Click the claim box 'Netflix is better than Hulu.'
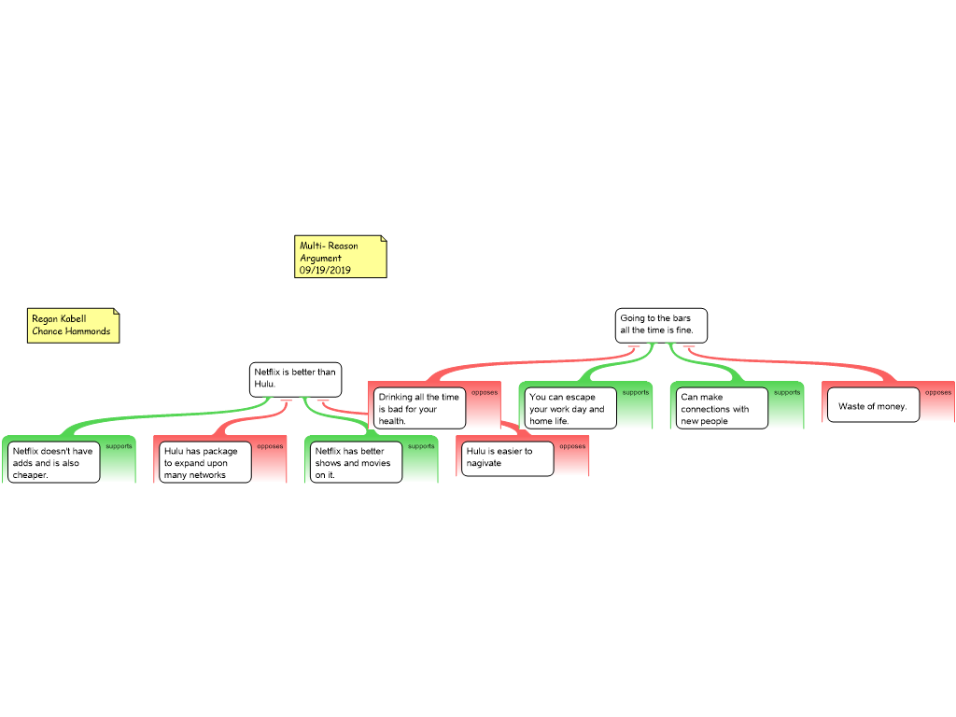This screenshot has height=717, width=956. [x=295, y=379]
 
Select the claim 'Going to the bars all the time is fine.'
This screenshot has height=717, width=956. [x=661, y=326]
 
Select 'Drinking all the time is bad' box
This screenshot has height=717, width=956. [x=420, y=409]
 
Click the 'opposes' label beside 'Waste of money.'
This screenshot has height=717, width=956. [x=938, y=393]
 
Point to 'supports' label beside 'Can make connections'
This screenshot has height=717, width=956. [x=787, y=393]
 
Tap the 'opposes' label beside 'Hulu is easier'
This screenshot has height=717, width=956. [x=572, y=446]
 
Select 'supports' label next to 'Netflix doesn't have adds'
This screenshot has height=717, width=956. [x=119, y=446]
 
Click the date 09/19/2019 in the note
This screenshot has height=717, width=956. [x=325, y=270]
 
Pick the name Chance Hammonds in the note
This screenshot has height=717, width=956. [x=71, y=331]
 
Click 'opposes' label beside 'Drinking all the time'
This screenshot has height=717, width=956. [x=485, y=393]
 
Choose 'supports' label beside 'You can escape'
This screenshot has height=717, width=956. [x=636, y=393]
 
